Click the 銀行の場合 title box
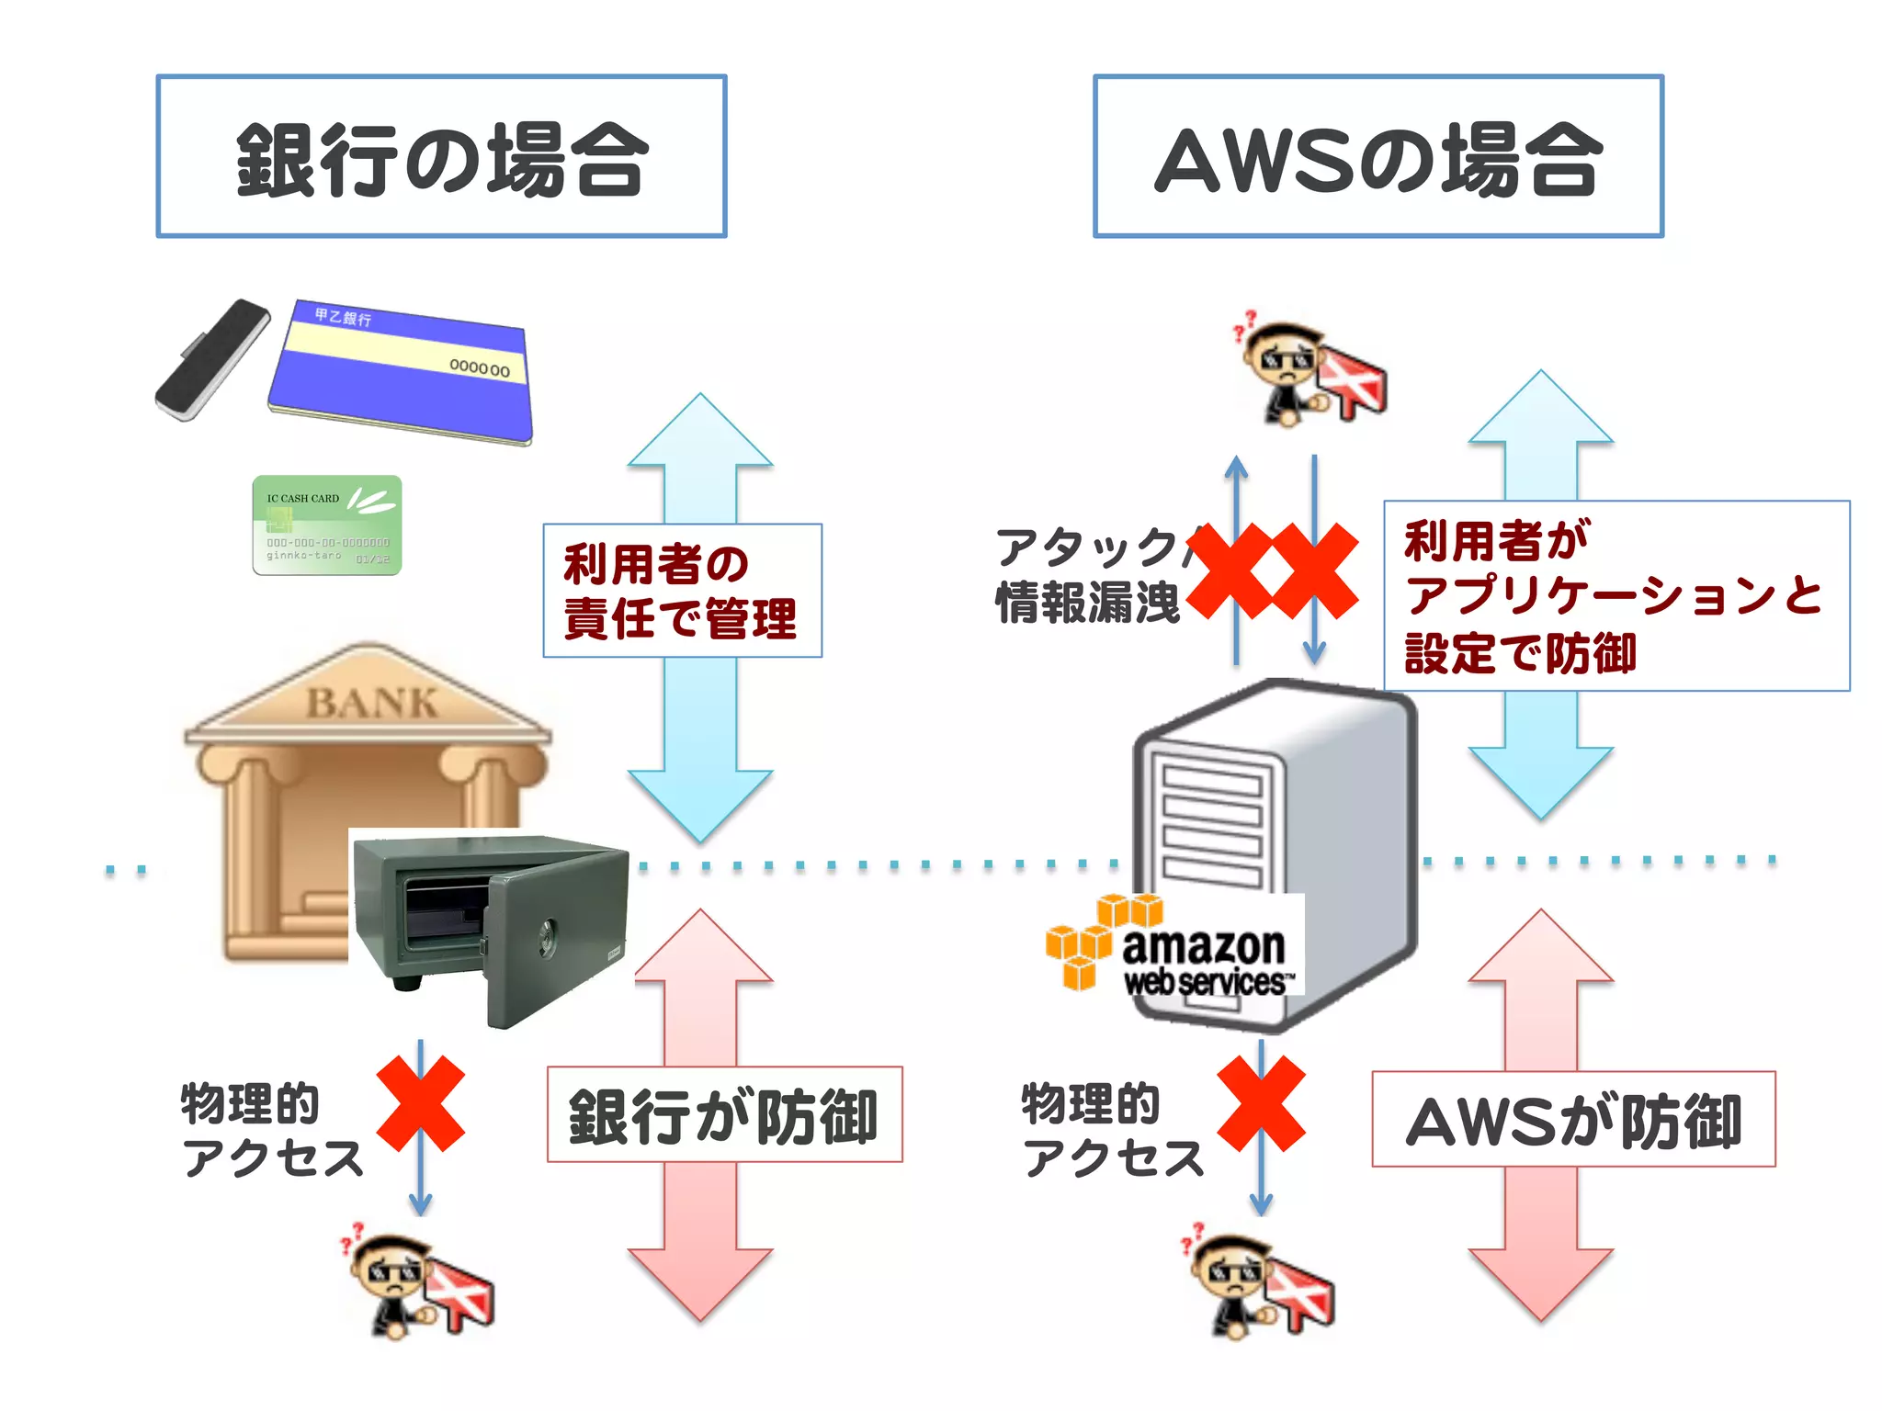pos(441,156)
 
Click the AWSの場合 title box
pos(1377,156)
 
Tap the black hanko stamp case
pos(212,359)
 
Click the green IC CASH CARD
pos(327,525)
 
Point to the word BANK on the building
pos(371,704)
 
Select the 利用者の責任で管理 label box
pos(682,591)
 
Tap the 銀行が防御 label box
pos(724,1114)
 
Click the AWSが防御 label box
pos(1573,1119)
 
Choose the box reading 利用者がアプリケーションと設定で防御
pos(1616,595)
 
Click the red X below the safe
pos(421,1102)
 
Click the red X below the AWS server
pos(1261,1102)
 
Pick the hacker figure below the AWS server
pos(1257,1281)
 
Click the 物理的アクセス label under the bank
pos(271,1130)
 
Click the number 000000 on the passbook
pos(479,367)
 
